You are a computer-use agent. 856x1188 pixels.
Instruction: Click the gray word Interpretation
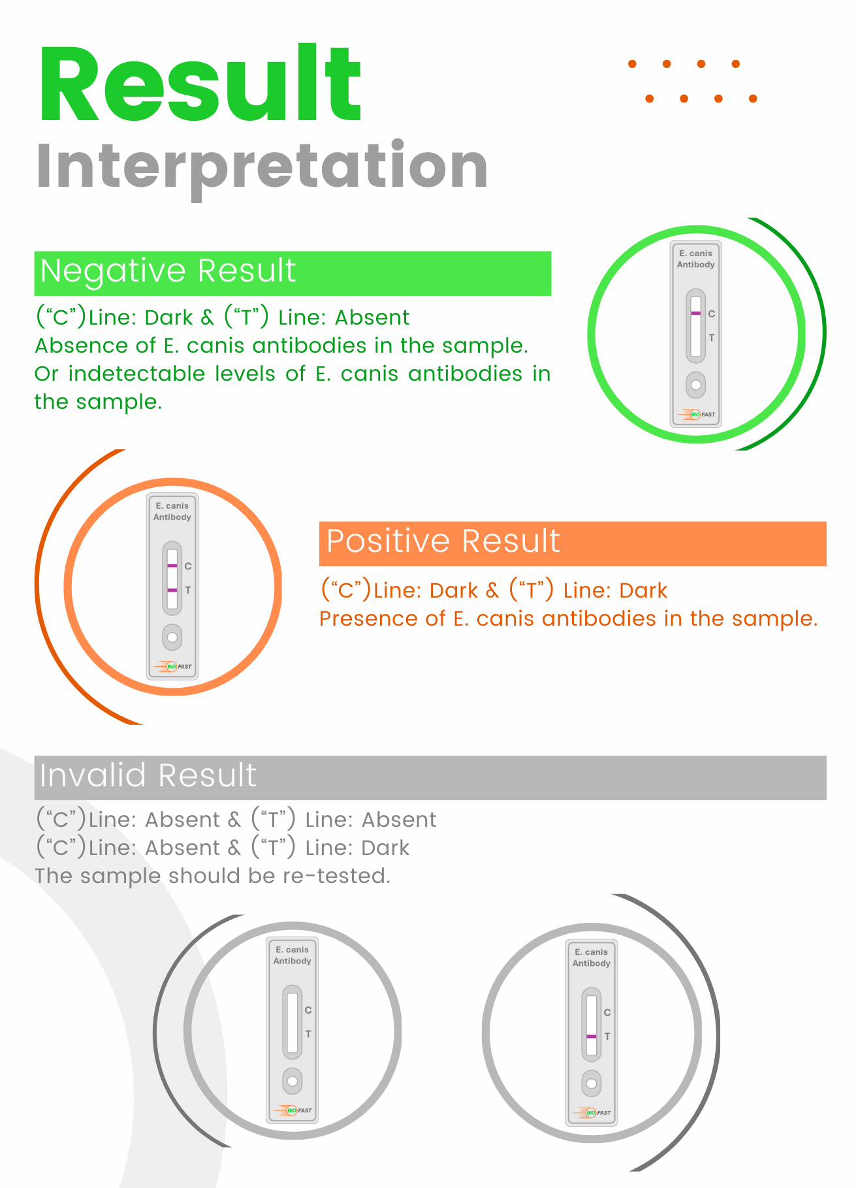[262, 167]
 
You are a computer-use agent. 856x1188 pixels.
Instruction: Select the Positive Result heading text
[443, 541]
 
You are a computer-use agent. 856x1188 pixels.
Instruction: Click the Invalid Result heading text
[148, 775]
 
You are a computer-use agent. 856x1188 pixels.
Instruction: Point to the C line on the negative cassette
[695, 313]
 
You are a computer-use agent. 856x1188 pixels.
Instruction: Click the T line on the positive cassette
[172, 590]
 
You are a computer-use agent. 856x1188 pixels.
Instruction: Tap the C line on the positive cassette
[172, 565]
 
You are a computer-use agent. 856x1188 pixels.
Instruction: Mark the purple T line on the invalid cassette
[591, 1036]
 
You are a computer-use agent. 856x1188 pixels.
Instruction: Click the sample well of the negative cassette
[695, 385]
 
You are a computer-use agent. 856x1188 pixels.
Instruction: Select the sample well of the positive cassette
[172, 637]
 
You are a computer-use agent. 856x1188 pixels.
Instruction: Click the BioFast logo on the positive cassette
[172, 666]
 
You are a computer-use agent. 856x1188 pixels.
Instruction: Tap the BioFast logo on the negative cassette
[696, 413]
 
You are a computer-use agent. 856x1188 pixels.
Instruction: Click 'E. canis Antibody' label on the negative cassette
[695, 259]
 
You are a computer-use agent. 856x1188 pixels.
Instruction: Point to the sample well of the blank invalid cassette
[292, 1081]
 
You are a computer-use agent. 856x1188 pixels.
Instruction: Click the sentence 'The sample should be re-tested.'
[212, 876]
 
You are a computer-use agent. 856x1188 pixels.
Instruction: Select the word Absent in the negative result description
[372, 317]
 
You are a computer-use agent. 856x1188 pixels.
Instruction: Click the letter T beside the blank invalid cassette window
[308, 1034]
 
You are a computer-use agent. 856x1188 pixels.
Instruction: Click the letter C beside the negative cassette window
[712, 313]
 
